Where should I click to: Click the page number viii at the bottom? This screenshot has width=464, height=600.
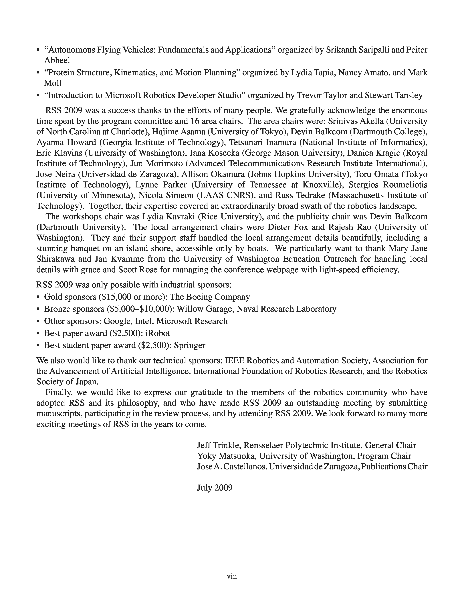[232, 576]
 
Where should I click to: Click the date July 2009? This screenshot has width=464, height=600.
[215, 488]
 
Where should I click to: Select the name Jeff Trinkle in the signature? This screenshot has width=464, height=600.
[219, 445]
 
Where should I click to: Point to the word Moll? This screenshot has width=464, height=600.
[53, 83]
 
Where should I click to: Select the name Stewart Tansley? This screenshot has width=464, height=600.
[394, 95]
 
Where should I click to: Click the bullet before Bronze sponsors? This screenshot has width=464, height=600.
[38, 309]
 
